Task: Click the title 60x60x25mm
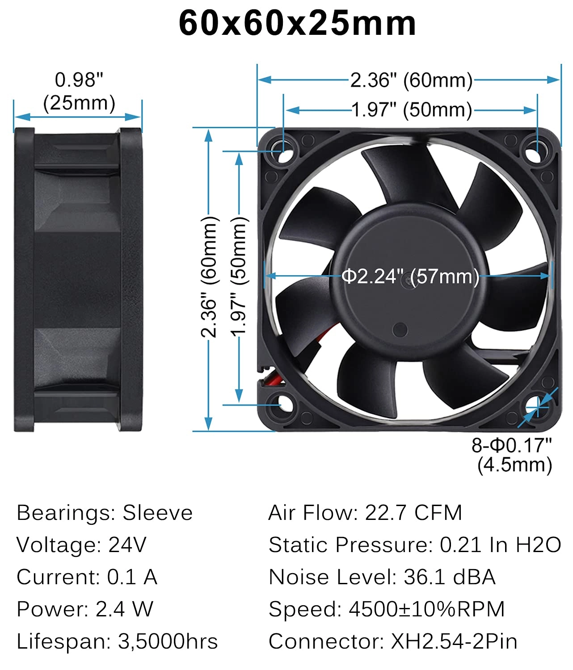[297, 23]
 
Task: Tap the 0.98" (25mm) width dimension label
[79, 92]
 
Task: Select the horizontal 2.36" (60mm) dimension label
[411, 80]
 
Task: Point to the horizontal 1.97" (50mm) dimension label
[411, 110]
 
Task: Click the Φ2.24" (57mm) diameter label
[410, 276]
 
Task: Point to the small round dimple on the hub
[400, 330]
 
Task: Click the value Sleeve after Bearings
[157, 513]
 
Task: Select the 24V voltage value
[127, 545]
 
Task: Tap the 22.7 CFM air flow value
[413, 513]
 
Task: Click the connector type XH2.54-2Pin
[454, 641]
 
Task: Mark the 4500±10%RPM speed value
[427, 609]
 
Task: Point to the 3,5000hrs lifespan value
[168, 641]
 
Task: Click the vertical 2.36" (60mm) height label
[209, 277]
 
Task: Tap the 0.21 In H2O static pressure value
[501, 545]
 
